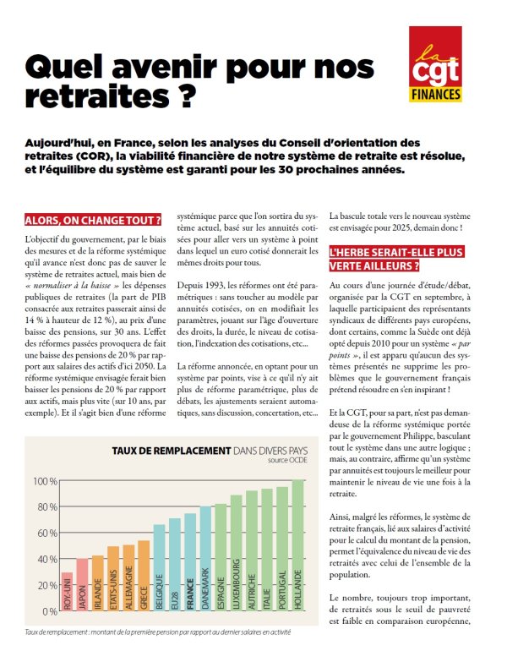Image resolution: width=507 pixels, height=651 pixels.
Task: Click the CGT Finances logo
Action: click(435, 64)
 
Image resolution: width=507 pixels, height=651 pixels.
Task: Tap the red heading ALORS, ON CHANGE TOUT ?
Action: click(93, 220)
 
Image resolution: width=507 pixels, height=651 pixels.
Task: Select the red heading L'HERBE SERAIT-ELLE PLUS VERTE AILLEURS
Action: click(395, 259)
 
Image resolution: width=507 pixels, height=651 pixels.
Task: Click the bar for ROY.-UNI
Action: click(68, 592)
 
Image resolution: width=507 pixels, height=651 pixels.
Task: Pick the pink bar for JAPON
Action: click(83, 584)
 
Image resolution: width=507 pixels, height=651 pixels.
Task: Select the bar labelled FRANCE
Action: click(190, 562)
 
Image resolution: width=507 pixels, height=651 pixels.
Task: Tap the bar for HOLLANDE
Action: click(298, 545)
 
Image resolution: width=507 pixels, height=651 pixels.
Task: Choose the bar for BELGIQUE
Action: click(160, 567)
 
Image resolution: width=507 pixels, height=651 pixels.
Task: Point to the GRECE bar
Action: click(144, 576)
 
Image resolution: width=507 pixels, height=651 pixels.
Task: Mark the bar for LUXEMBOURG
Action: click(236, 553)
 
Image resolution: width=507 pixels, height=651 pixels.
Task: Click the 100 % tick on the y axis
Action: click(46, 481)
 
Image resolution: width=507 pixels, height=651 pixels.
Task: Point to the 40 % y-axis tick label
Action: click(47, 559)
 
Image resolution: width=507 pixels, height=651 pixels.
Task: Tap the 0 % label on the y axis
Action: click(50, 611)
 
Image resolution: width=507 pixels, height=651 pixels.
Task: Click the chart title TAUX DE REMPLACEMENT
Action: click(172, 451)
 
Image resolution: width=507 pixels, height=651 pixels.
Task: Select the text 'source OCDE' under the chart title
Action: click(287, 460)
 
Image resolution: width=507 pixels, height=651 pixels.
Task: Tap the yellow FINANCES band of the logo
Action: click(436, 95)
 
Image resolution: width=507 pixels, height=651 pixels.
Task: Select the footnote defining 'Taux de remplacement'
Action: click(158, 632)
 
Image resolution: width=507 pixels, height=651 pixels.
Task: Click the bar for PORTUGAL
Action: click(282, 549)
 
